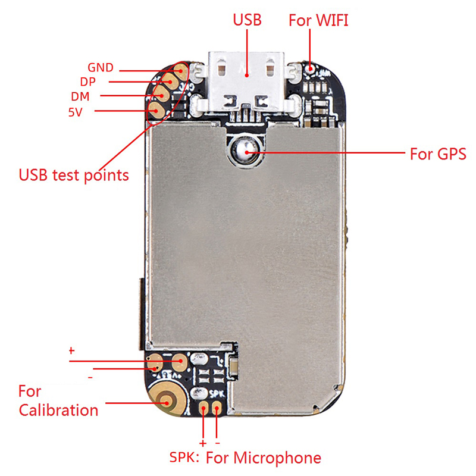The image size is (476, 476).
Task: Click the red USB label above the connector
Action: pos(247,20)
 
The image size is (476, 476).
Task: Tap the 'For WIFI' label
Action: pos(318,20)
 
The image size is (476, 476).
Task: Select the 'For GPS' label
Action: pos(438,154)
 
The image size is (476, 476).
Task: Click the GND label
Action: pos(101,67)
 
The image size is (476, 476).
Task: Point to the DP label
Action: pos(87,82)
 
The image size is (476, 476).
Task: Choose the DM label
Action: pos(80,96)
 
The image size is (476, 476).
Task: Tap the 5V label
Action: pos(76,112)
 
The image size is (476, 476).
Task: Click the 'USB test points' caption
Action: pos(74,176)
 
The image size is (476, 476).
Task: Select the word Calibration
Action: pos(58,410)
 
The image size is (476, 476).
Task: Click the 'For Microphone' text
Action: pos(264,458)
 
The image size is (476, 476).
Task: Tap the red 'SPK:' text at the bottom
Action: pos(184,457)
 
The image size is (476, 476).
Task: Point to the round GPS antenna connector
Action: pos(246,151)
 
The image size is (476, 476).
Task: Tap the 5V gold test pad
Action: pos(156,111)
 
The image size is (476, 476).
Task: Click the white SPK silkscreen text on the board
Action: pos(216,393)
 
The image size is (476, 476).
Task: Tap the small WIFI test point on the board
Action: pos(310,68)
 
